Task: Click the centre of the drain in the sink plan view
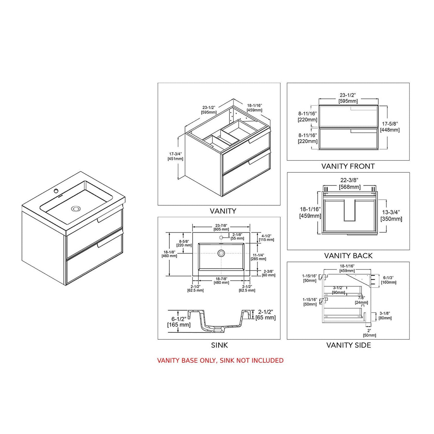coord(221,253)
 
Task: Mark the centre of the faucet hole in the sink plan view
coord(221,237)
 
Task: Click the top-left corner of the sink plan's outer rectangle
coord(192,232)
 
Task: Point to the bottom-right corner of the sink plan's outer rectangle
coord(250,276)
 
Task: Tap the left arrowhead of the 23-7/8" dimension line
coord(193,227)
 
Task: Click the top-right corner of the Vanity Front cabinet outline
coord(378,105)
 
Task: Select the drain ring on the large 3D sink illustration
coord(76,208)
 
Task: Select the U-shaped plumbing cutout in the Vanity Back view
coord(350,210)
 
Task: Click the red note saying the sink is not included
coord(220,361)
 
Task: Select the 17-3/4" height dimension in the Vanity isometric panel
coord(175,156)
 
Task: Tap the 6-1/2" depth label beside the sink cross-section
coord(179,322)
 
